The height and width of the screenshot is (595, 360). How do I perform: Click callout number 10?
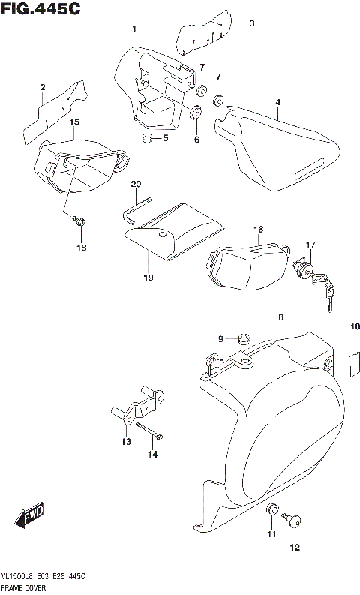355,326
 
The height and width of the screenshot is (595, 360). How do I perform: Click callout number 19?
148,278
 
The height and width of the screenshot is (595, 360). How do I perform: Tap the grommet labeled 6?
196,115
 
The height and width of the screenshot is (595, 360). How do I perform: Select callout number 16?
257,229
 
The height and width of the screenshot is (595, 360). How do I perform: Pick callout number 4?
277,101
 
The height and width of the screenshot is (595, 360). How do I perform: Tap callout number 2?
43,87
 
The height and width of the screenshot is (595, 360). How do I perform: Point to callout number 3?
252,23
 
